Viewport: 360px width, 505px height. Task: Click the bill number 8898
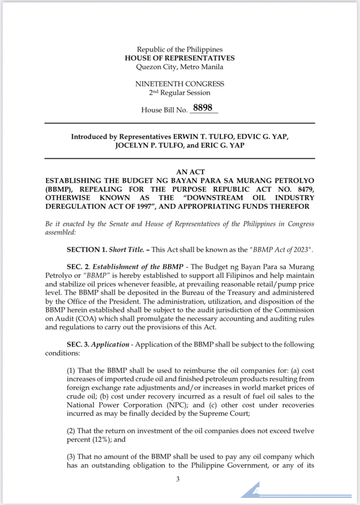pos(202,109)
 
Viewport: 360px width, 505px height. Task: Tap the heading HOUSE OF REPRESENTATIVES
pos(179,58)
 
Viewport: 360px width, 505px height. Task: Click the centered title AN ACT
pos(179,171)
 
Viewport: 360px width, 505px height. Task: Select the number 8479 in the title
pos(303,188)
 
